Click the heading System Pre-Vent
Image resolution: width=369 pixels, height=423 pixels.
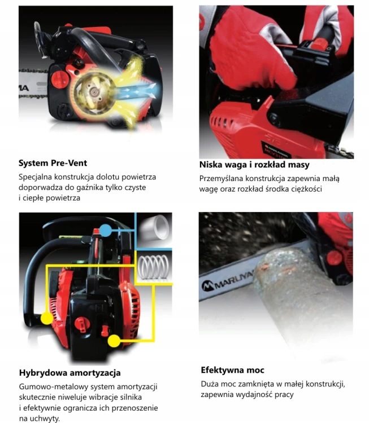[x=53, y=163]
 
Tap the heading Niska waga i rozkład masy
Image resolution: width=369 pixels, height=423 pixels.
[x=254, y=165]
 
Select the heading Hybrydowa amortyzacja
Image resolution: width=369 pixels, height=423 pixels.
[x=70, y=373]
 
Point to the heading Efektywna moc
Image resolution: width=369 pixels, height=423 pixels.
[x=232, y=370]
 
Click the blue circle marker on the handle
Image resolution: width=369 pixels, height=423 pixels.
[x=106, y=230]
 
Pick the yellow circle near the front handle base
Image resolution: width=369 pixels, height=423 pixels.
[x=47, y=318]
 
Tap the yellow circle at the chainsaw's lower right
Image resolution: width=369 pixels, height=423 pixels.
[x=114, y=341]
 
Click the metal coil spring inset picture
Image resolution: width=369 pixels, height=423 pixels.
[x=154, y=267]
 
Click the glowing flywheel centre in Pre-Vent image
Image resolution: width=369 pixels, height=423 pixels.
[x=94, y=92]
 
